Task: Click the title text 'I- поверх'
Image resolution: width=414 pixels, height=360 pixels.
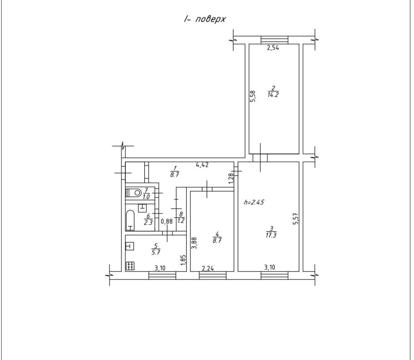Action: coord(205,19)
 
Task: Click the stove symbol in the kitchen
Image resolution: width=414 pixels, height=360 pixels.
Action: coord(130,266)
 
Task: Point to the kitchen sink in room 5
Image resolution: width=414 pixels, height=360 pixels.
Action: coord(130,246)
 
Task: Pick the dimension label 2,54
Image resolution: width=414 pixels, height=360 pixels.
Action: coord(273,48)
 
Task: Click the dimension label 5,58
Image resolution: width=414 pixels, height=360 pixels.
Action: coord(253,96)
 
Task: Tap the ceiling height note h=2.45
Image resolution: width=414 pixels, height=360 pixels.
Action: coord(254,203)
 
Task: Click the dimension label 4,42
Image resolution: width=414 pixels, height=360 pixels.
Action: coord(202,165)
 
